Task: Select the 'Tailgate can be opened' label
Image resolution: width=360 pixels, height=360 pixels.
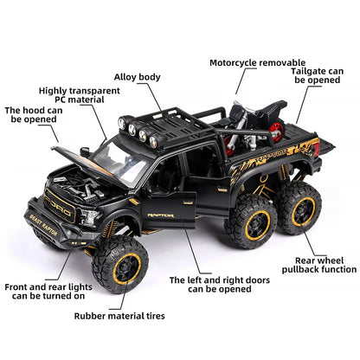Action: (x=323, y=73)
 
